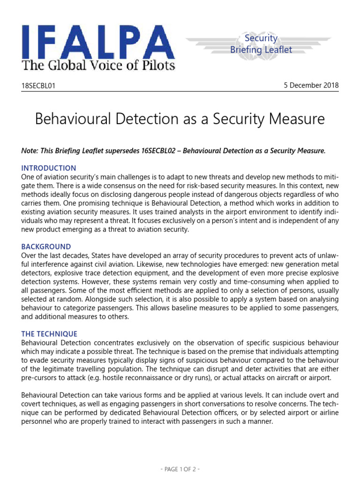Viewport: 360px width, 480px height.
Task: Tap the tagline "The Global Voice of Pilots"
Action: coord(98,65)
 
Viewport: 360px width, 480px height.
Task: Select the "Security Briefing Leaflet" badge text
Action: coord(261,44)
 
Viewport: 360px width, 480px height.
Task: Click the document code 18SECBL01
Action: coord(41,86)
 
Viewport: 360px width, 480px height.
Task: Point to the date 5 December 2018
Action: coord(311,85)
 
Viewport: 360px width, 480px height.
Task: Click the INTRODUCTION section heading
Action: coord(49,168)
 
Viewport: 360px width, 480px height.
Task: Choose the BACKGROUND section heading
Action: coord(46,247)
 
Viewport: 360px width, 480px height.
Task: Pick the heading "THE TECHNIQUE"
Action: coord(49,334)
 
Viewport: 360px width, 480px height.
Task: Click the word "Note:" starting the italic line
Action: coord(30,150)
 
